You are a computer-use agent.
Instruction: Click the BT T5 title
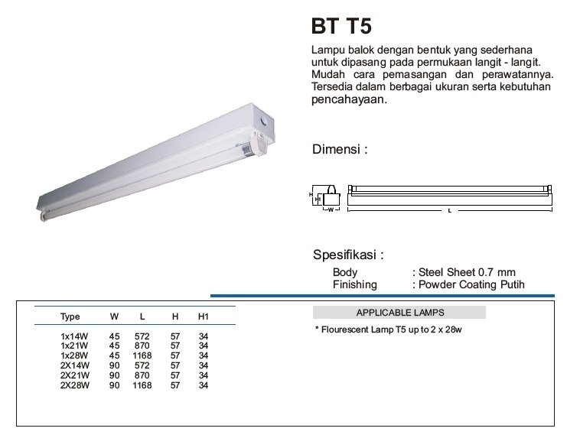341,27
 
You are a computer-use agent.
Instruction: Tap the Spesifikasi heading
348,255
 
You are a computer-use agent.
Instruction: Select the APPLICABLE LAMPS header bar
399,313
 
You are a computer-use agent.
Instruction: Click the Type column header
70,316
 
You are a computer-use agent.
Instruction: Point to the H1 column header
204,316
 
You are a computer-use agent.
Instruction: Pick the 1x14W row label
71,336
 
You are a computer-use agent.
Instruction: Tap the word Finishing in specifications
354,284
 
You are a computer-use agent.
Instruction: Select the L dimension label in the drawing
448,210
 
